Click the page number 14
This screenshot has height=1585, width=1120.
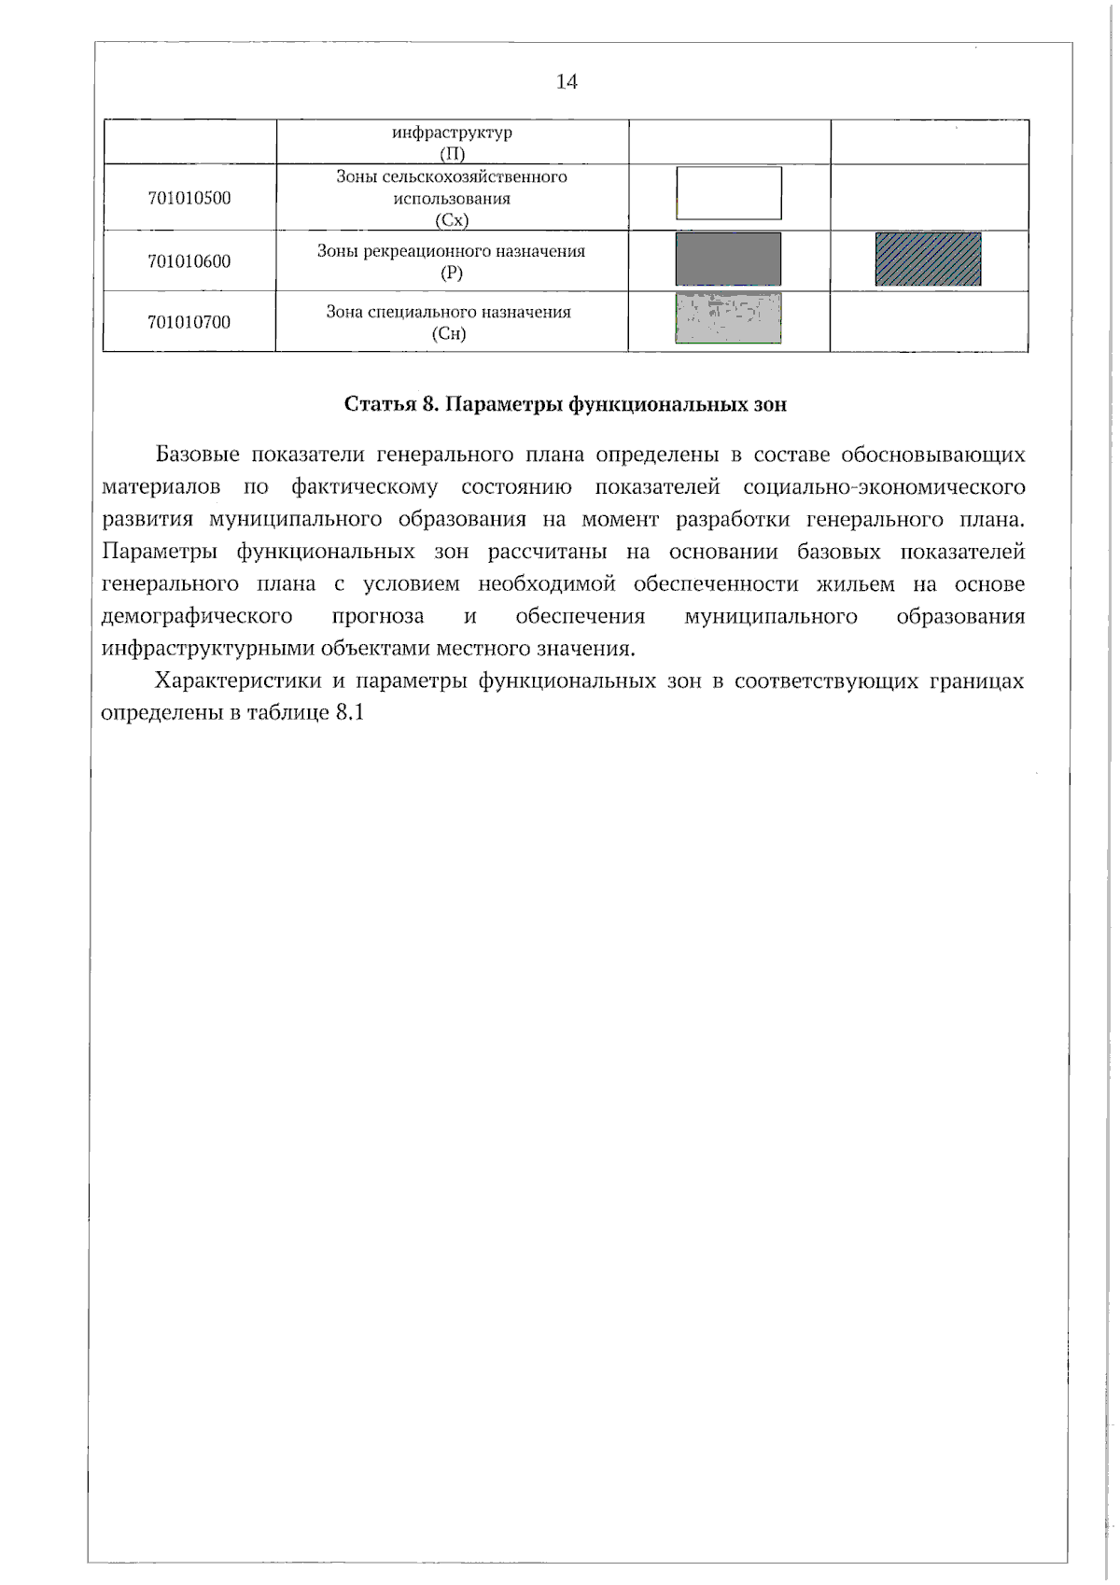pyautogui.click(x=567, y=82)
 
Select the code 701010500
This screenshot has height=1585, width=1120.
pyautogui.click(x=189, y=198)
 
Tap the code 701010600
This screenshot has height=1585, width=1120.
pyautogui.click(x=189, y=261)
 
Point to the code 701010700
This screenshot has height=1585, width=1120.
pyautogui.click(x=189, y=323)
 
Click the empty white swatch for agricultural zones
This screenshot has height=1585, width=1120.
pyautogui.click(x=728, y=193)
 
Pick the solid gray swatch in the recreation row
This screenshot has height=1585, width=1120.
pyautogui.click(x=728, y=259)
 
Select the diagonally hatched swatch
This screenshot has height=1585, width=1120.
pyautogui.click(x=928, y=259)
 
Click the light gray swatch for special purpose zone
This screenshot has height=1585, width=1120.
pyautogui.click(x=728, y=319)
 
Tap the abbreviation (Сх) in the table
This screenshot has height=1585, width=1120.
pyautogui.click(x=451, y=220)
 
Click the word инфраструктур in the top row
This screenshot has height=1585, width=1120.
pyautogui.click(x=452, y=133)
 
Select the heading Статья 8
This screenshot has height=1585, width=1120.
pyautogui.click(x=391, y=404)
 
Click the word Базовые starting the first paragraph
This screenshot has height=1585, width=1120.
pyautogui.click(x=198, y=456)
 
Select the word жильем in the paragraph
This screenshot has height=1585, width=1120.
pyautogui.click(x=855, y=584)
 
